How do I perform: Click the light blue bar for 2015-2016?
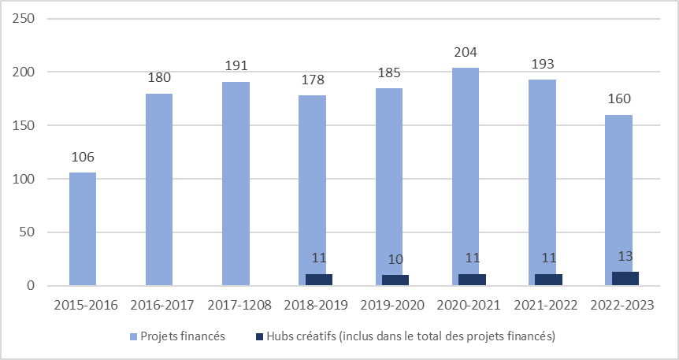tap(83, 228)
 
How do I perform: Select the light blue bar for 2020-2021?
tap(466, 176)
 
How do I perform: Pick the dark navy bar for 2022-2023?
tap(625, 279)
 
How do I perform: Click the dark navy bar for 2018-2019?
tap(319, 280)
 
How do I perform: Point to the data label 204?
tap(466, 53)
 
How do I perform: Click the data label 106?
tap(83, 158)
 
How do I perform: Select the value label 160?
tap(619, 99)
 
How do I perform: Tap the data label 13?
tap(625, 256)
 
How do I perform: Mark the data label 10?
tap(395, 259)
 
